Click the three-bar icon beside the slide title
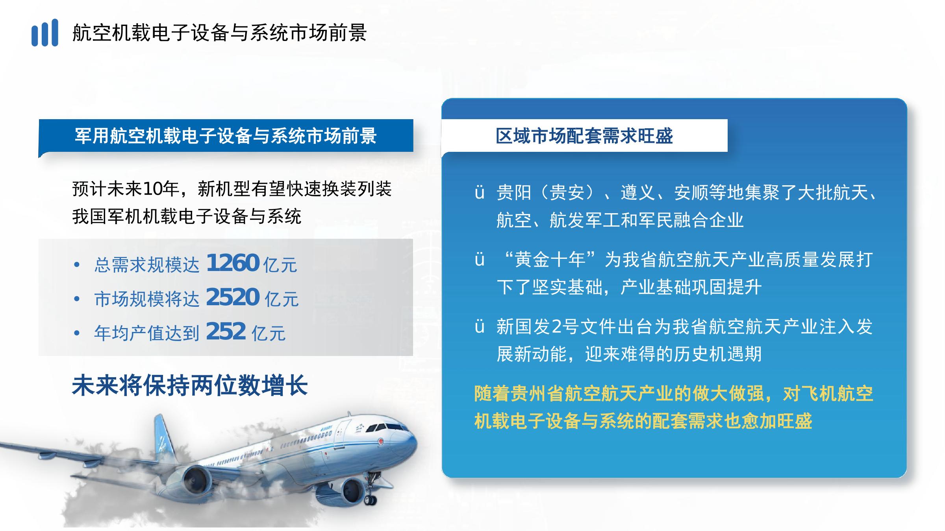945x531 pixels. click(x=45, y=33)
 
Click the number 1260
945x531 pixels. click(x=232, y=263)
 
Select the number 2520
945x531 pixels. click(x=232, y=297)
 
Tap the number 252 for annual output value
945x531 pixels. click(x=226, y=331)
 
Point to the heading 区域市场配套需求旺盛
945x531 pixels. click(x=584, y=136)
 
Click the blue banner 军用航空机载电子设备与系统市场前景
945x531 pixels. click(x=226, y=136)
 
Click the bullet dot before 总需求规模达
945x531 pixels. click(x=77, y=265)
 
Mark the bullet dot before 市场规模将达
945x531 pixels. click(x=77, y=299)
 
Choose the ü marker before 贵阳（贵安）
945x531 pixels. click(x=479, y=193)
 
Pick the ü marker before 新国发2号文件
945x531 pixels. click(x=479, y=327)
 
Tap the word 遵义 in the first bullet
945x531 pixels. click(x=638, y=193)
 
